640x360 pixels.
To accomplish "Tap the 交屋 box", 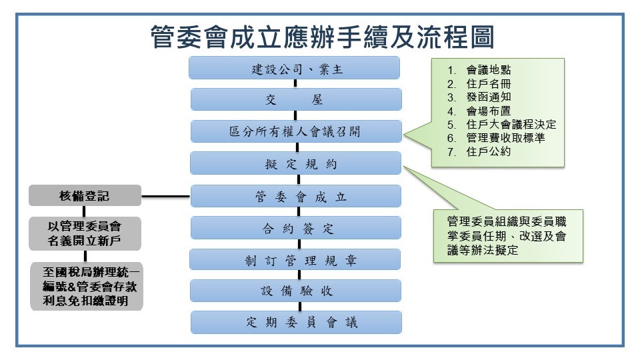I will pos(297,100).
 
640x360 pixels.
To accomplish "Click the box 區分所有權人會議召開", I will pos(297,131).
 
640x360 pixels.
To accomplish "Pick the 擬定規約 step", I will pos(297,163).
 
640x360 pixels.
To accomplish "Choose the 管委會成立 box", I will pos(297,197).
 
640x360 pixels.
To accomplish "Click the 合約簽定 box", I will pos(297,229).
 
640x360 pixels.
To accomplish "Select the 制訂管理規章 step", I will pos(297,261).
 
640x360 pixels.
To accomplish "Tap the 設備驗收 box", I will pos(297,291).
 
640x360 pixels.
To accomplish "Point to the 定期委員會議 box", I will pos(297,323).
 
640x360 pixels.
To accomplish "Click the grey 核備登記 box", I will pos(85,196).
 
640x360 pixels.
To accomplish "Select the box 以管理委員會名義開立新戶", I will pos(85,233).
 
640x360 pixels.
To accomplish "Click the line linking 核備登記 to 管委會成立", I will pos(166,197).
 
